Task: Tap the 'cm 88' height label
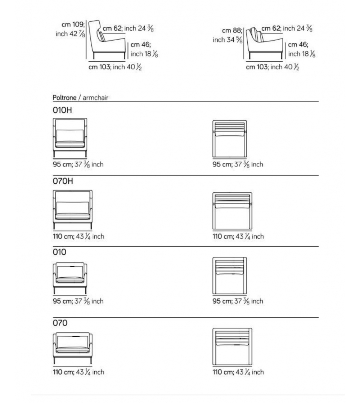click(x=232, y=31)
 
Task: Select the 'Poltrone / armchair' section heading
click(x=80, y=98)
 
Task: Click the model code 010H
click(x=62, y=110)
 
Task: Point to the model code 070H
click(x=63, y=181)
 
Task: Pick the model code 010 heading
click(x=59, y=252)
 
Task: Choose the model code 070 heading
click(x=60, y=323)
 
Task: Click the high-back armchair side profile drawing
click(x=107, y=40)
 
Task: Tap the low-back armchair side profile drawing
click(x=264, y=43)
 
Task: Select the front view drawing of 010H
click(x=70, y=138)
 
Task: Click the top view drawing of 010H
click(x=230, y=139)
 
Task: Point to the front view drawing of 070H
click(x=72, y=210)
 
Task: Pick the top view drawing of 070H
click(x=232, y=211)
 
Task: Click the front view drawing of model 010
click(x=70, y=278)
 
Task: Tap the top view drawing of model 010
click(x=230, y=276)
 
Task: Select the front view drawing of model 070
click(x=72, y=348)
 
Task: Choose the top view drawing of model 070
click(x=232, y=346)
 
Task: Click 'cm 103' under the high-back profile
click(x=100, y=67)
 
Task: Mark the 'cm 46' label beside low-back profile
click(x=298, y=45)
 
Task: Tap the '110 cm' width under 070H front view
click(x=63, y=237)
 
